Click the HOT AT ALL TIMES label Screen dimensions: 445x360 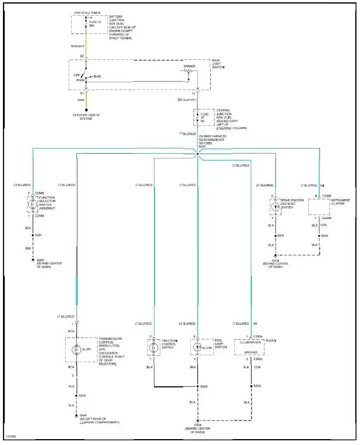86,13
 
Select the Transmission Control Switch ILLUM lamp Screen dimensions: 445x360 76,351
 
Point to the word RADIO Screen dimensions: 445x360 271,340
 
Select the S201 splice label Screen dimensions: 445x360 40,235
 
